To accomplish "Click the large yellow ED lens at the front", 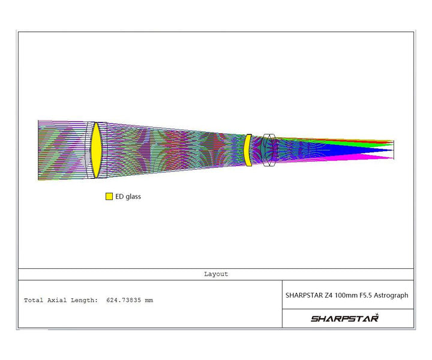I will [x=95, y=150].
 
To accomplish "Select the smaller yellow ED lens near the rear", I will [x=247, y=150].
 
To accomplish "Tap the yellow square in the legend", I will [x=109, y=196].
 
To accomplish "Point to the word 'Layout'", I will [x=216, y=274].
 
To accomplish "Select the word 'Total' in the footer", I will [x=33, y=300].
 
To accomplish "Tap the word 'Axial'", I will [x=58, y=300].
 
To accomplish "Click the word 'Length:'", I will [x=85, y=300].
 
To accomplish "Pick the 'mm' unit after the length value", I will [x=149, y=300].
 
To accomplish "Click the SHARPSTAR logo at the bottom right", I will [x=344, y=318].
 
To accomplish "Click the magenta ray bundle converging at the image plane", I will [x=372, y=157].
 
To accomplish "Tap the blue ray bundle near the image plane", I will [x=372, y=150].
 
